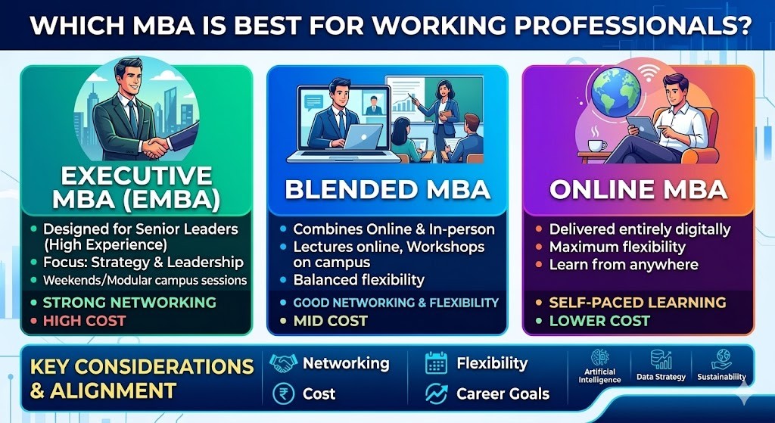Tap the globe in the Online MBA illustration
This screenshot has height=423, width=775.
tap(616, 92)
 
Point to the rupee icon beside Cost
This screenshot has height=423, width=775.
tap(284, 394)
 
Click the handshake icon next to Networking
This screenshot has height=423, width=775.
tap(283, 363)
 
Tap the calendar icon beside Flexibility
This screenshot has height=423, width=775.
tap(436, 363)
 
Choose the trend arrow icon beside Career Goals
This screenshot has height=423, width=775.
tap(436, 393)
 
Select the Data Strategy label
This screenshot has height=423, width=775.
tap(661, 377)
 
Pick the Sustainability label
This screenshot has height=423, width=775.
tap(721, 377)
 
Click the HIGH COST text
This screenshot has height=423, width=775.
tap(85, 321)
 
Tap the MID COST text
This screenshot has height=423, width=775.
tap(330, 321)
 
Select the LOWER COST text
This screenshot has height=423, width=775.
tap(599, 321)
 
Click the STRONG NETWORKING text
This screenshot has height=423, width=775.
tap(129, 302)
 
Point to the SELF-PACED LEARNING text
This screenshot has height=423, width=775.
tap(637, 302)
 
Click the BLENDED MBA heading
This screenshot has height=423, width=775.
tap(387, 190)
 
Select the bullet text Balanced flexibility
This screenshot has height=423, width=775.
tap(359, 280)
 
